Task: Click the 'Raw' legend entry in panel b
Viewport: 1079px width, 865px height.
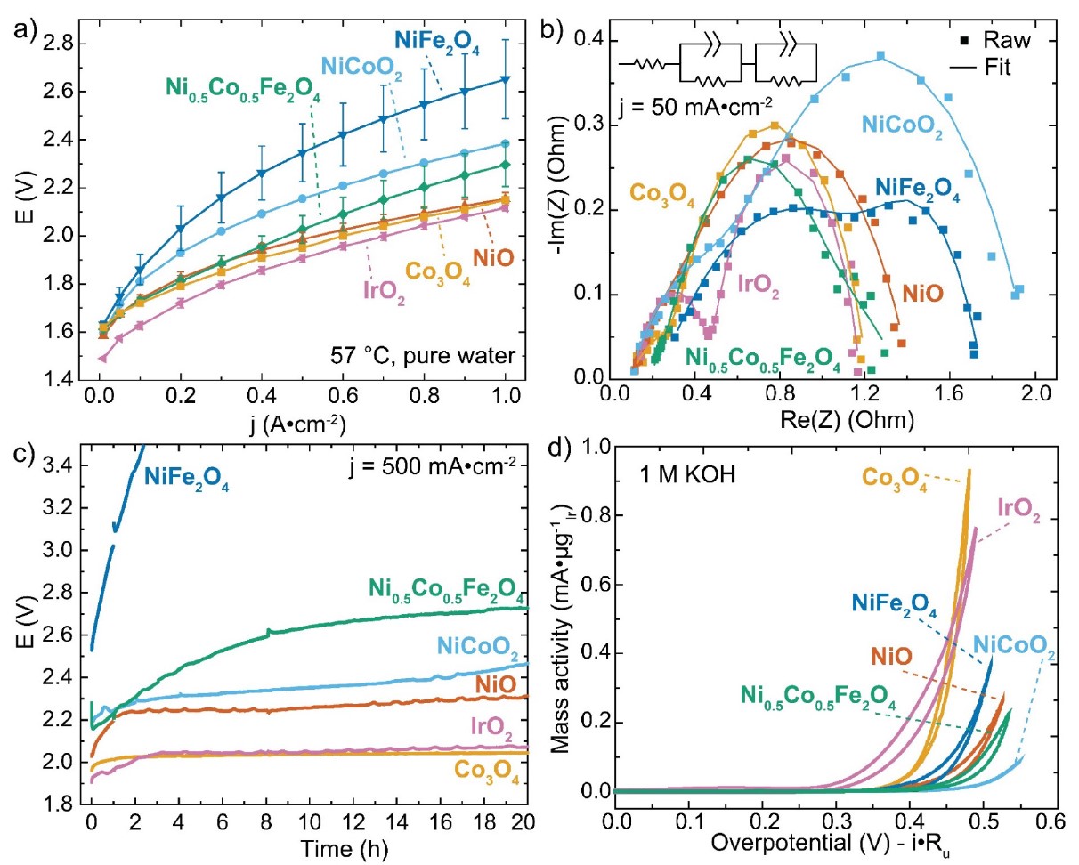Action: click(1001, 40)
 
